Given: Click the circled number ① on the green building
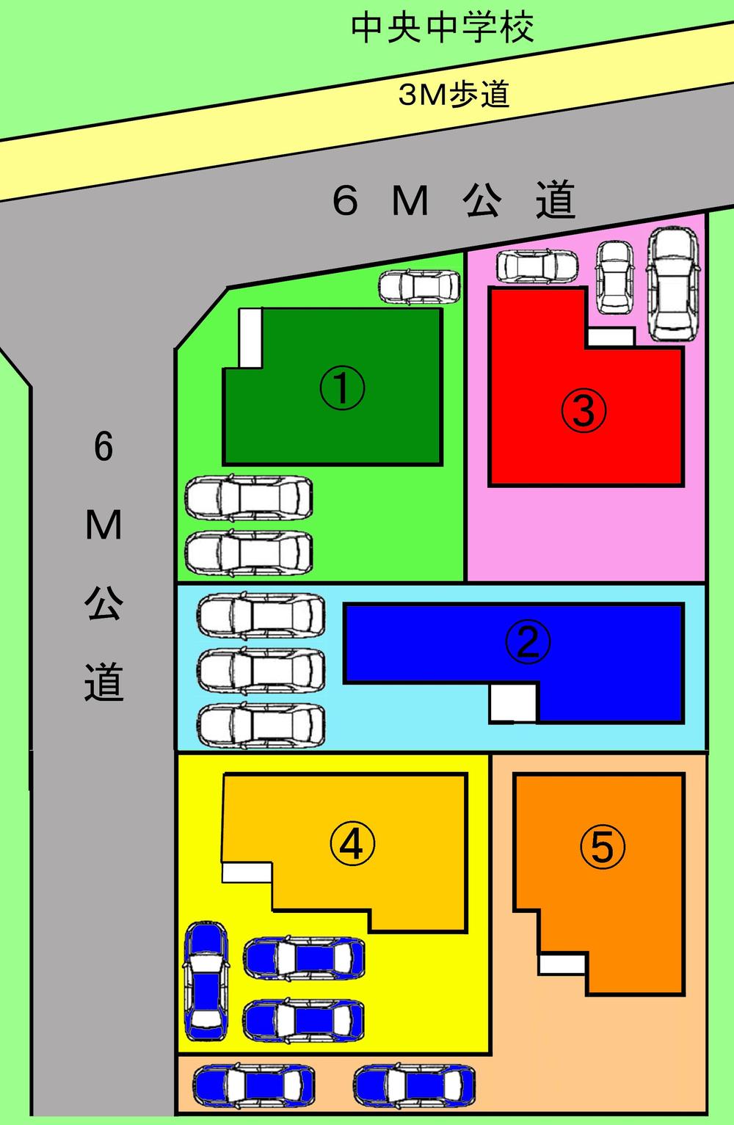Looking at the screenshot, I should pos(342,389).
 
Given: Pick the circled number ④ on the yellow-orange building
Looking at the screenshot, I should pos(352,844).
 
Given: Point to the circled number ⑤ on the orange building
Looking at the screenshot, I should pos(602,847).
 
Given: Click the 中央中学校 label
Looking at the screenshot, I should pos(442,28).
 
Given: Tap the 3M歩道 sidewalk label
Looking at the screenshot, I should pos(454,94).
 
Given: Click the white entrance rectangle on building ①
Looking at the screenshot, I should pos(250,337).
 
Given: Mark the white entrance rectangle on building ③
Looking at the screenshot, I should pos(610,337).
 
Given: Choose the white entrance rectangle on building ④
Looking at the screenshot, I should pos(247,872).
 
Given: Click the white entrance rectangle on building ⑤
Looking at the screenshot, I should pos(562,964).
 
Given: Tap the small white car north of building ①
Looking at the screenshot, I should pos(419,286).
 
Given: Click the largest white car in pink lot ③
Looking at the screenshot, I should pos(672,283).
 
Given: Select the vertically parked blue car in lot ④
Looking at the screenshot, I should pos(205,976).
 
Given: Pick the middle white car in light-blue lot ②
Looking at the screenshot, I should pos(261,669).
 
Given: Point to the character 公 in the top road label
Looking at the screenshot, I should pos(482,200).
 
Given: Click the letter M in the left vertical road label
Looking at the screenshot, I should pos(103,525).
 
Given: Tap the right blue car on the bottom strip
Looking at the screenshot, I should pos(414,1085).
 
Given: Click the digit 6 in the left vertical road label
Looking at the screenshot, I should pos(103,446).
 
